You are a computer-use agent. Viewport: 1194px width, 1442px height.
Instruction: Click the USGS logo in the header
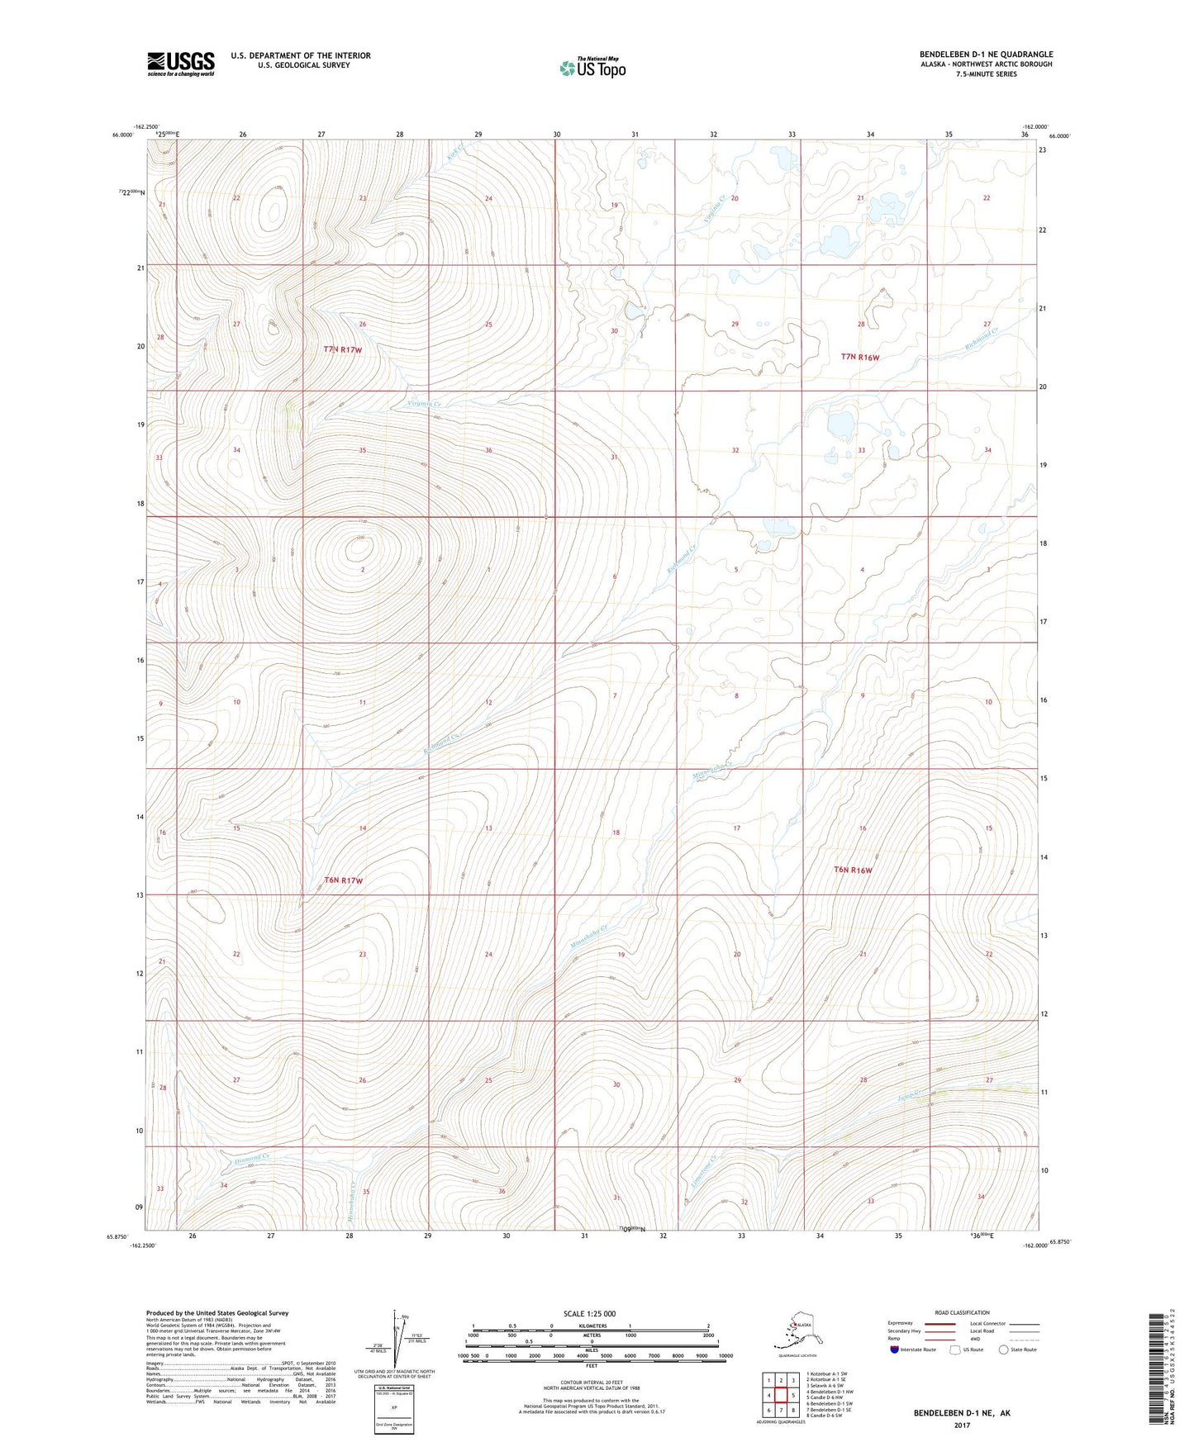tap(180, 64)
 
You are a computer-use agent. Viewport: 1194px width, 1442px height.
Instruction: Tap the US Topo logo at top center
tap(592, 67)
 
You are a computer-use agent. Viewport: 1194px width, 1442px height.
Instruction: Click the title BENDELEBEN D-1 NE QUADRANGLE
tap(986, 55)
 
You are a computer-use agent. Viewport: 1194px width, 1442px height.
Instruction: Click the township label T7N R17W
tap(343, 350)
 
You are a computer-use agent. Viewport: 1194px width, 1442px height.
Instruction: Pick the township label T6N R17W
tap(344, 880)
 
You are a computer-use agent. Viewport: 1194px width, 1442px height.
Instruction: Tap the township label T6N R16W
tap(853, 870)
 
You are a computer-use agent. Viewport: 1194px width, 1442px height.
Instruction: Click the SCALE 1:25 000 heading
tap(590, 1313)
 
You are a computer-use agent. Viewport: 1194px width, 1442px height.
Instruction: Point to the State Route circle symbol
tap(1004, 1350)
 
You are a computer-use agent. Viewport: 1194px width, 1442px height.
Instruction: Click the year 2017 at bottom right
tap(961, 1425)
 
